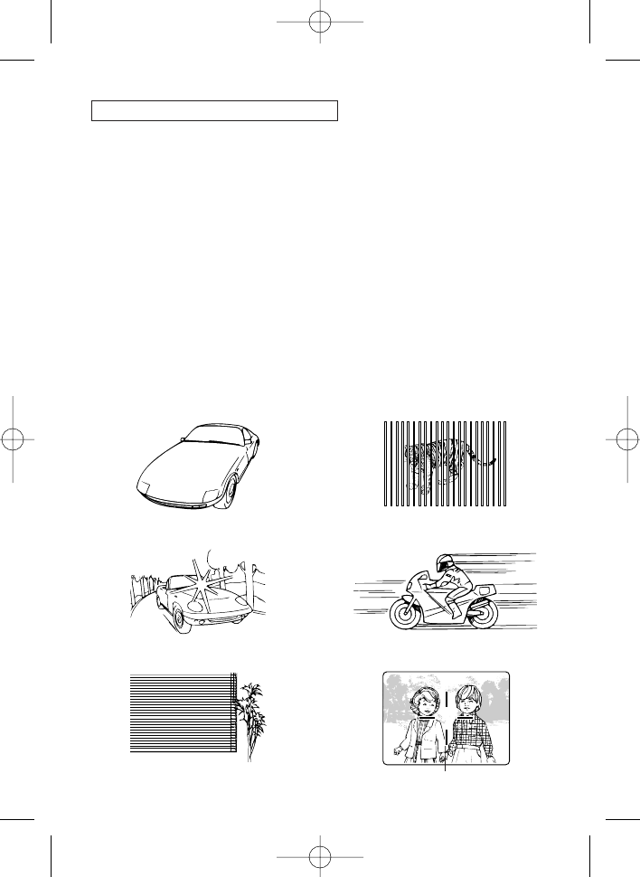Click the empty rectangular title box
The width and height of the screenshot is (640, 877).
[x=214, y=110]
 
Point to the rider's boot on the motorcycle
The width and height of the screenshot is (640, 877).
[x=452, y=602]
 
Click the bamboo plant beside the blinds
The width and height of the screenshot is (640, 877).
[x=252, y=714]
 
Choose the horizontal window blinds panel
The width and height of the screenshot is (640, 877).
[x=181, y=713]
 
